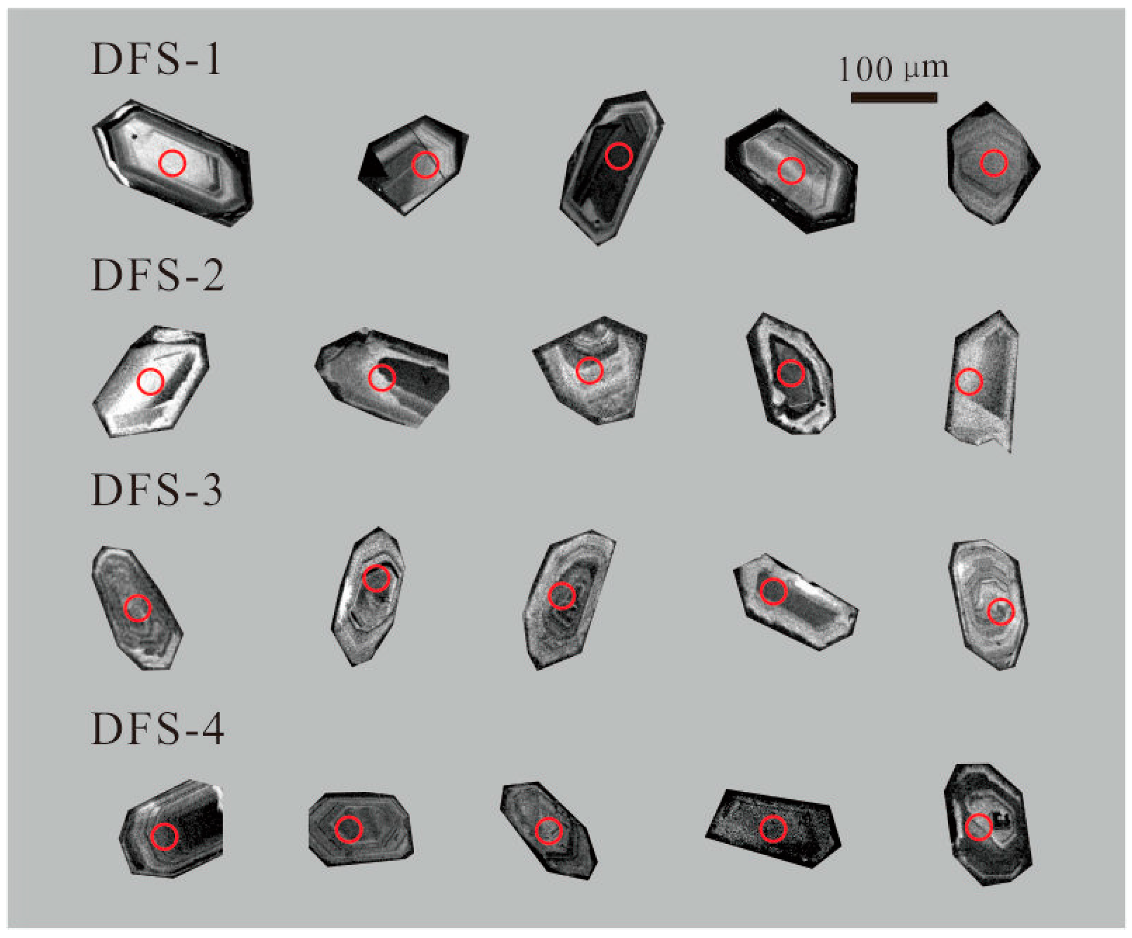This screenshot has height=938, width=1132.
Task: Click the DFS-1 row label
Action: click(156, 59)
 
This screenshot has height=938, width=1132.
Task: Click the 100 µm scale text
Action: click(893, 68)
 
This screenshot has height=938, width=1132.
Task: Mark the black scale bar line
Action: click(894, 98)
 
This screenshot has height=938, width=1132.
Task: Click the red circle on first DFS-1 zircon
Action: click(173, 163)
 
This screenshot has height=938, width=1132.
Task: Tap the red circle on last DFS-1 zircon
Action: click(994, 163)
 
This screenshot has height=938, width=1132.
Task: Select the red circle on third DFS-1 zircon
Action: click(618, 156)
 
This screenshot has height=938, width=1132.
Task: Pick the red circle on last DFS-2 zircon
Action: click(969, 382)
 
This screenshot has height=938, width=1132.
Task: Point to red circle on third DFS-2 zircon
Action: click(589, 370)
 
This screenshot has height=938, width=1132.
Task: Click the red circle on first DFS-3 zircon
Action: click(137, 608)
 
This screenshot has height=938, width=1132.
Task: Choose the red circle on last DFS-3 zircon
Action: click(1001, 612)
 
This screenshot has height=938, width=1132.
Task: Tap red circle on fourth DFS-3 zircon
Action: click(773, 591)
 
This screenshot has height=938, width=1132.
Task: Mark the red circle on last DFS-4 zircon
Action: click(978, 827)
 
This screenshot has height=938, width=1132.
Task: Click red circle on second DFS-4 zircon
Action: click(348, 830)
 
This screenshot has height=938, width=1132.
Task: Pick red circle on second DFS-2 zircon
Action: click(381, 378)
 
